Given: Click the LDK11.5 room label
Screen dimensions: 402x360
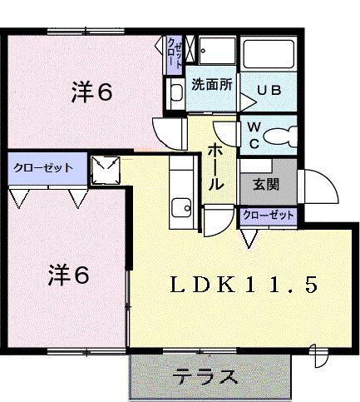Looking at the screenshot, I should point(244,285).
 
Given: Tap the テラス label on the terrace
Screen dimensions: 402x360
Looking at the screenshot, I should point(205,377).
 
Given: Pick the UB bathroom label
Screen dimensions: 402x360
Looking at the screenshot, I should point(268,90).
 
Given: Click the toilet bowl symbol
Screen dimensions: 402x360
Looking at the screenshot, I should point(279,136).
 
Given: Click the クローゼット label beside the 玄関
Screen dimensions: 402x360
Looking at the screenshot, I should point(269,216).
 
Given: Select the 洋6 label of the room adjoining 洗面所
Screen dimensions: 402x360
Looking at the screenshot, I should point(91,92).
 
